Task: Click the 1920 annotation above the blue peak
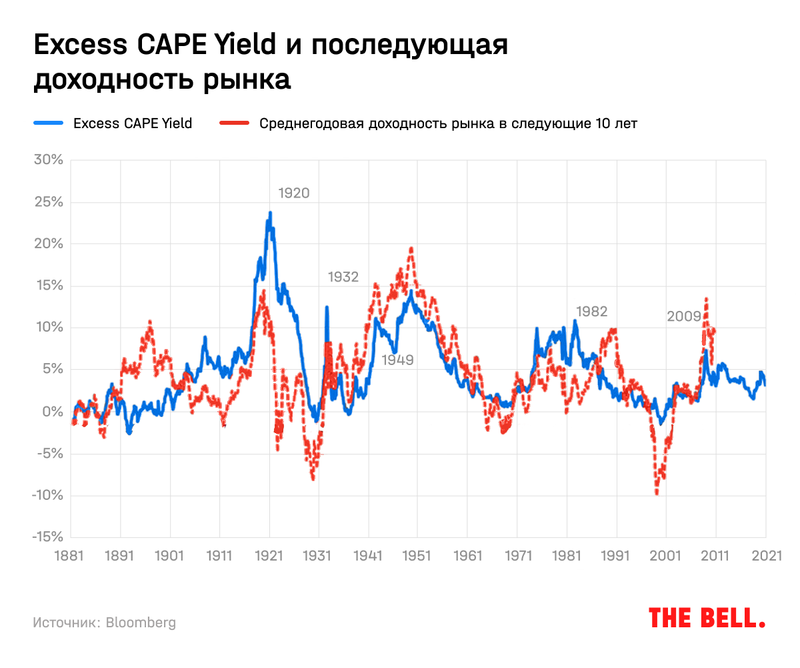pos(294,194)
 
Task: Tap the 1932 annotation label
pos(343,277)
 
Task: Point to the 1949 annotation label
pos(398,360)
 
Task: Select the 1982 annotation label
pos(592,311)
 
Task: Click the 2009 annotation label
pos(684,317)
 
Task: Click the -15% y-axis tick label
pos(47,537)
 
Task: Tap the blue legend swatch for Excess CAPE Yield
pos(48,123)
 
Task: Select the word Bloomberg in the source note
pos(141,623)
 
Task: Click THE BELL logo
pos(707,618)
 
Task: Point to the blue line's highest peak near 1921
pos(270,214)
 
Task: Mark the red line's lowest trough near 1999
pos(657,494)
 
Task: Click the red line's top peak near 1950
pos(411,248)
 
